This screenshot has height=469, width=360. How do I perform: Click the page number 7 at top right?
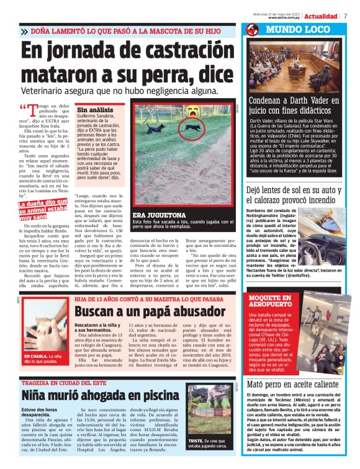345,16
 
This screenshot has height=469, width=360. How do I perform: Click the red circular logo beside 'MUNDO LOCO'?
251,30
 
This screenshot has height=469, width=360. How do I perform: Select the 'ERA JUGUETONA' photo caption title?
160,215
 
